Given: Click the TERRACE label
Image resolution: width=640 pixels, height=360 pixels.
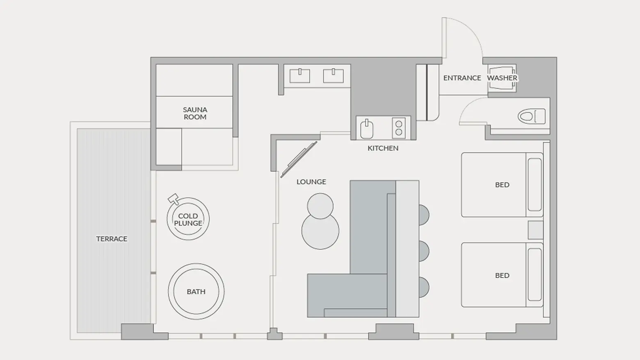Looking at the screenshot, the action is [112, 239].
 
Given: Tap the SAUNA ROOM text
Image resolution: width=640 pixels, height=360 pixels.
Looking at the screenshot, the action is [195, 113].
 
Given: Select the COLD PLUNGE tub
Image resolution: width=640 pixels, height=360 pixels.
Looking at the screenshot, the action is [188, 219].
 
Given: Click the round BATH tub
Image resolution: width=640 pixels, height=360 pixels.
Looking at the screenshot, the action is [196, 291].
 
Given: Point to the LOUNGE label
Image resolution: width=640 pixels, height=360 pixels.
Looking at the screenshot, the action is [311, 182].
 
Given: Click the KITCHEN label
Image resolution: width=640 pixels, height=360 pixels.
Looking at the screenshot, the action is [383, 148].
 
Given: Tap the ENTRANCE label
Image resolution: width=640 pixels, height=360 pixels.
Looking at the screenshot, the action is [462, 78].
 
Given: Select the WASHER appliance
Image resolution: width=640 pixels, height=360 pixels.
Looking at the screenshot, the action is [502, 78].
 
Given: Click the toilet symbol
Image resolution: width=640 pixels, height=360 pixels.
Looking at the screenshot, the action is [531, 116].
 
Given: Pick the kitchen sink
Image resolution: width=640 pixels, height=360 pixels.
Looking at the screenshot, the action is [367, 129].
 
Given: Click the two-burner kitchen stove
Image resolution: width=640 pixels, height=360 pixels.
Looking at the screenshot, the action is [399, 128].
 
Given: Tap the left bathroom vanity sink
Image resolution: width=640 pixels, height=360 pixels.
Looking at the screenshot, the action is [300, 76].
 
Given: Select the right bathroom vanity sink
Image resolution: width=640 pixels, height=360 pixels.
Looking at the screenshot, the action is [333, 76].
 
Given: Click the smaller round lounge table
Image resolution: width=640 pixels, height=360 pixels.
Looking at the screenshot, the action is [320, 206].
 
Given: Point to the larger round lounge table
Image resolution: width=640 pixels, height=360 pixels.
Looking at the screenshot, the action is [320, 231].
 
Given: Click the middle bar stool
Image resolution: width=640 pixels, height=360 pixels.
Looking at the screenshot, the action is [424, 251].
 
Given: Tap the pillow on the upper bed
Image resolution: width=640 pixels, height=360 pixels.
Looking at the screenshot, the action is [535, 185].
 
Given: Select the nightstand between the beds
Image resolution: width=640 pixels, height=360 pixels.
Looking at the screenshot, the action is [535, 230].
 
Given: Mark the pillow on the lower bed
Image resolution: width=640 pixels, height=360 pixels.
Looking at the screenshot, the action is [535, 275].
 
